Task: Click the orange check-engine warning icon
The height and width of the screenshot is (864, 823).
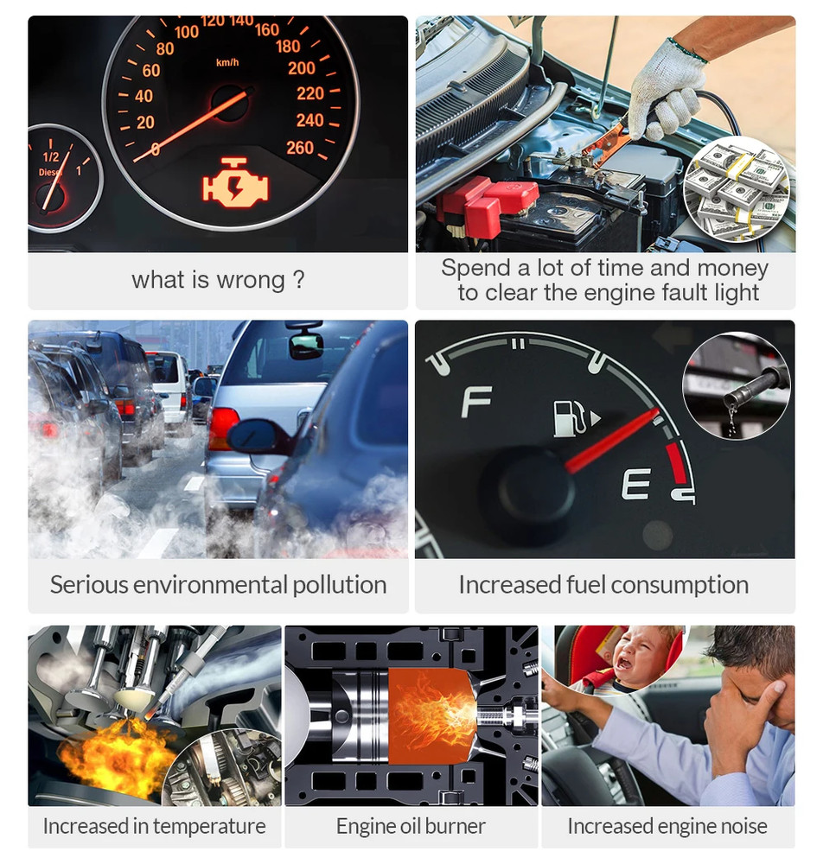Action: [x=235, y=182]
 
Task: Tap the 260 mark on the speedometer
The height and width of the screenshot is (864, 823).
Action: [x=300, y=148]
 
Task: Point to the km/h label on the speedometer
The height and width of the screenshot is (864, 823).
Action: [x=227, y=62]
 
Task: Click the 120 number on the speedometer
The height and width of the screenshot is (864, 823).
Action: [x=213, y=21]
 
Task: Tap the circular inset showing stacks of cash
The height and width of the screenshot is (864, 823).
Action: [x=737, y=187]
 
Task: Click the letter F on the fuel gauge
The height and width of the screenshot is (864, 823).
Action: [x=476, y=401]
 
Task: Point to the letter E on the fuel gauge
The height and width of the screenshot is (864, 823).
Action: [x=635, y=485]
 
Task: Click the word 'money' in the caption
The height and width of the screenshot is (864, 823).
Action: [x=732, y=268]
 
